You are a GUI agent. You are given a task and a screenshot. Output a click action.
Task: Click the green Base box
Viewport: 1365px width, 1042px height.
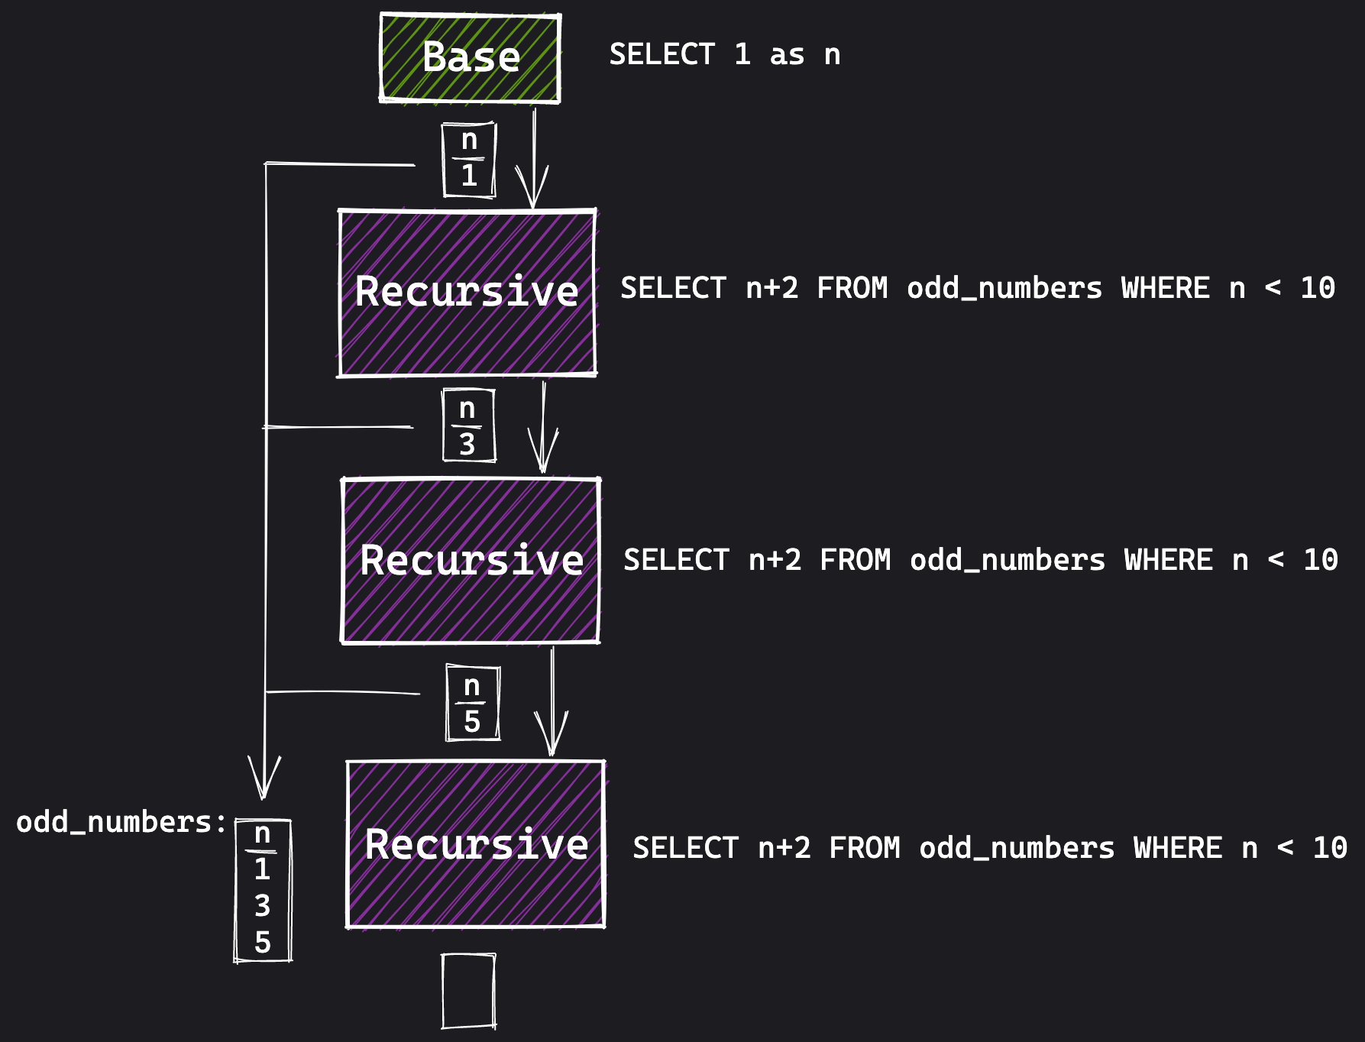point(470,58)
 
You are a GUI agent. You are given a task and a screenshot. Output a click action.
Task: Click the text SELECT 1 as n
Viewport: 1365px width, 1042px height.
point(724,55)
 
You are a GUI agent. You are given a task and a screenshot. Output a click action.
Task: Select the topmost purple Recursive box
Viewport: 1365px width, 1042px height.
point(467,293)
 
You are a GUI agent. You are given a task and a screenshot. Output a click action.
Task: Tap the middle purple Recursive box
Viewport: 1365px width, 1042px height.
point(471,561)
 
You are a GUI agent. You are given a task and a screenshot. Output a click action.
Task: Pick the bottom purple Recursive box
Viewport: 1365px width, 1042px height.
point(475,844)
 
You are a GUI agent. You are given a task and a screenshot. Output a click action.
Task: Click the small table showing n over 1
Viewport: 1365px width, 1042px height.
point(469,160)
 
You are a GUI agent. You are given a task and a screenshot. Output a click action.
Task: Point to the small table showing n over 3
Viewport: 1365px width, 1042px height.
point(468,426)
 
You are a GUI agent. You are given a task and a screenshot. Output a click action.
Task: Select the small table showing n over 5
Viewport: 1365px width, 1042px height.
point(472,704)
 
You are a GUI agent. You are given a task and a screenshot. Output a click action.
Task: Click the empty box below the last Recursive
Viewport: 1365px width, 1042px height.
point(468,991)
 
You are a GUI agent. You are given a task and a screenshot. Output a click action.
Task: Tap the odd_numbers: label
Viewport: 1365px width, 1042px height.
point(121,823)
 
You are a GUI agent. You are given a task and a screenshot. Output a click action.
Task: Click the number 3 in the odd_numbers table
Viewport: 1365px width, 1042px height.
point(262,906)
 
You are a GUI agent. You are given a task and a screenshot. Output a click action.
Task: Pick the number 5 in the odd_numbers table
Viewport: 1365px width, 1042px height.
point(262,943)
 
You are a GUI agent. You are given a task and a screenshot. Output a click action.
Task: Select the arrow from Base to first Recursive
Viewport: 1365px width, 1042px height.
point(534,160)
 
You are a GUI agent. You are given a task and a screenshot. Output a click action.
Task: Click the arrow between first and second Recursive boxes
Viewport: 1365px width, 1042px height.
point(543,428)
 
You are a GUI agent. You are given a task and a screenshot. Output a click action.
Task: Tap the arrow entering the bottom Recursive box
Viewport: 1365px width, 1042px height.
point(551,703)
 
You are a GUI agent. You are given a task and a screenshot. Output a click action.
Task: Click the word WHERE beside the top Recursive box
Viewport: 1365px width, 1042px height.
point(1165,289)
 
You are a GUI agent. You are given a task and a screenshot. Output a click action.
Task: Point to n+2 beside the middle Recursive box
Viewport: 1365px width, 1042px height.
point(775,561)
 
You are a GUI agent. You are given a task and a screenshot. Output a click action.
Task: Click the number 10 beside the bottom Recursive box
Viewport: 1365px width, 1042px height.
point(1329,849)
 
